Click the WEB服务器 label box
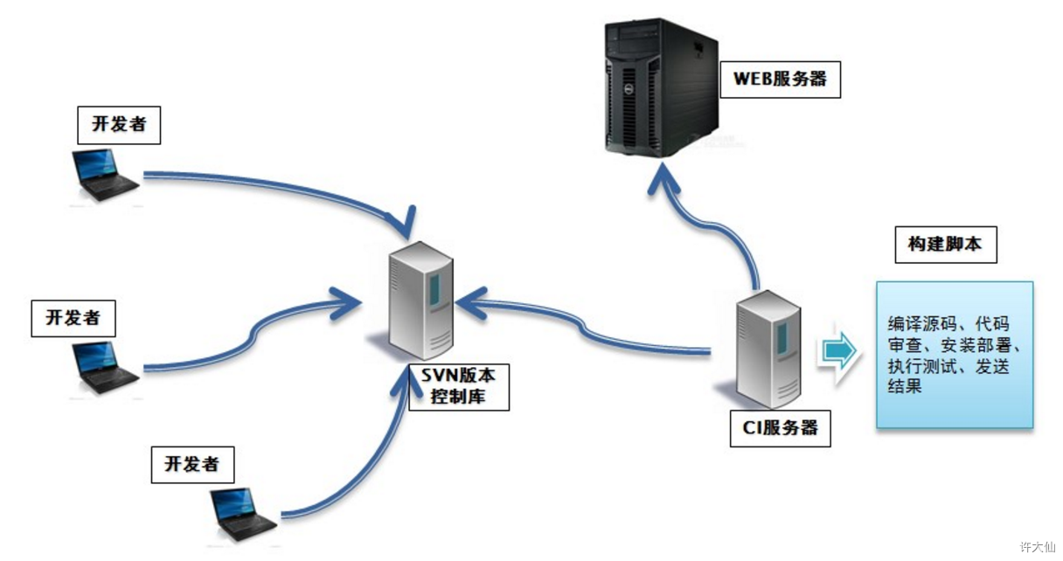coord(780,80)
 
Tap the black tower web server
coord(661,87)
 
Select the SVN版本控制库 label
coord(459,387)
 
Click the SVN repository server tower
coord(420,301)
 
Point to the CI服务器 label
coord(780,429)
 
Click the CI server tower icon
coord(768,350)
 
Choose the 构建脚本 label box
coord(946,245)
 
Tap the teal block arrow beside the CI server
coord(839,351)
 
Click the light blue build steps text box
coord(955,355)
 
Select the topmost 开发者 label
coord(119,125)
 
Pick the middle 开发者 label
coord(73,318)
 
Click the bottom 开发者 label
coord(192,465)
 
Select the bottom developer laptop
coord(243,515)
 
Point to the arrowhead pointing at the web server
coord(663,179)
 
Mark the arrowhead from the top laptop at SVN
coord(402,223)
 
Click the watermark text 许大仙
coord(1038,547)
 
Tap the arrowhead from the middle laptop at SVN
coord(346,302)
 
